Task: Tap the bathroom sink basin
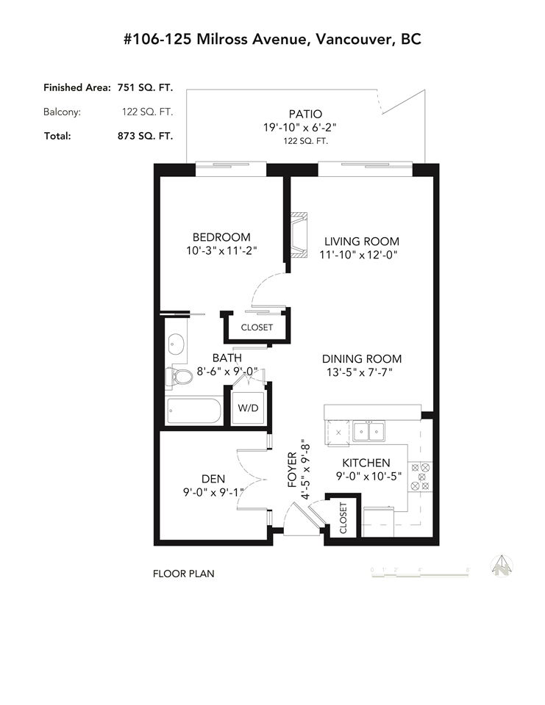point(176,345)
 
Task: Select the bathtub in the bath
point(193,411)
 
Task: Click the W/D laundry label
point(248,408)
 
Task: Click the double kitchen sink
point(369,431)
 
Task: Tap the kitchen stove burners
point(420,477)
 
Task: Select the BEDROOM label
point(221,237)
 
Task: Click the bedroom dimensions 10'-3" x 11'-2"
point(221,250)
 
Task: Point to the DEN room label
point(213,479)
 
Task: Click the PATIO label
point(305,115)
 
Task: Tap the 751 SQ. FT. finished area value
point(145,87)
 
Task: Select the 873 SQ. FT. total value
point(145,136)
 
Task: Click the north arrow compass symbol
point(502,566)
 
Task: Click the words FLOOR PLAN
point(184,574)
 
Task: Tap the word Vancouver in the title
point(353,40)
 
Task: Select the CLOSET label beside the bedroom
point(257,328)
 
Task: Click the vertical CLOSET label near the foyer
point(343,518)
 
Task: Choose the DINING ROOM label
point(362,359)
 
